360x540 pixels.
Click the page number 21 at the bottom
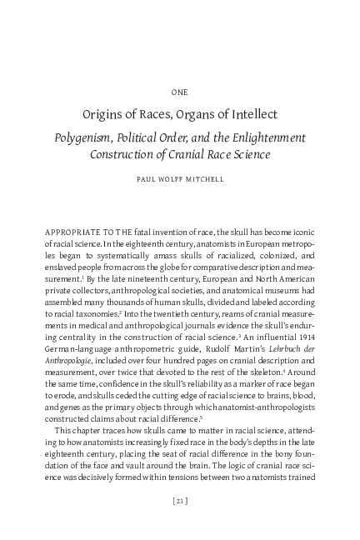coord(179,500)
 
